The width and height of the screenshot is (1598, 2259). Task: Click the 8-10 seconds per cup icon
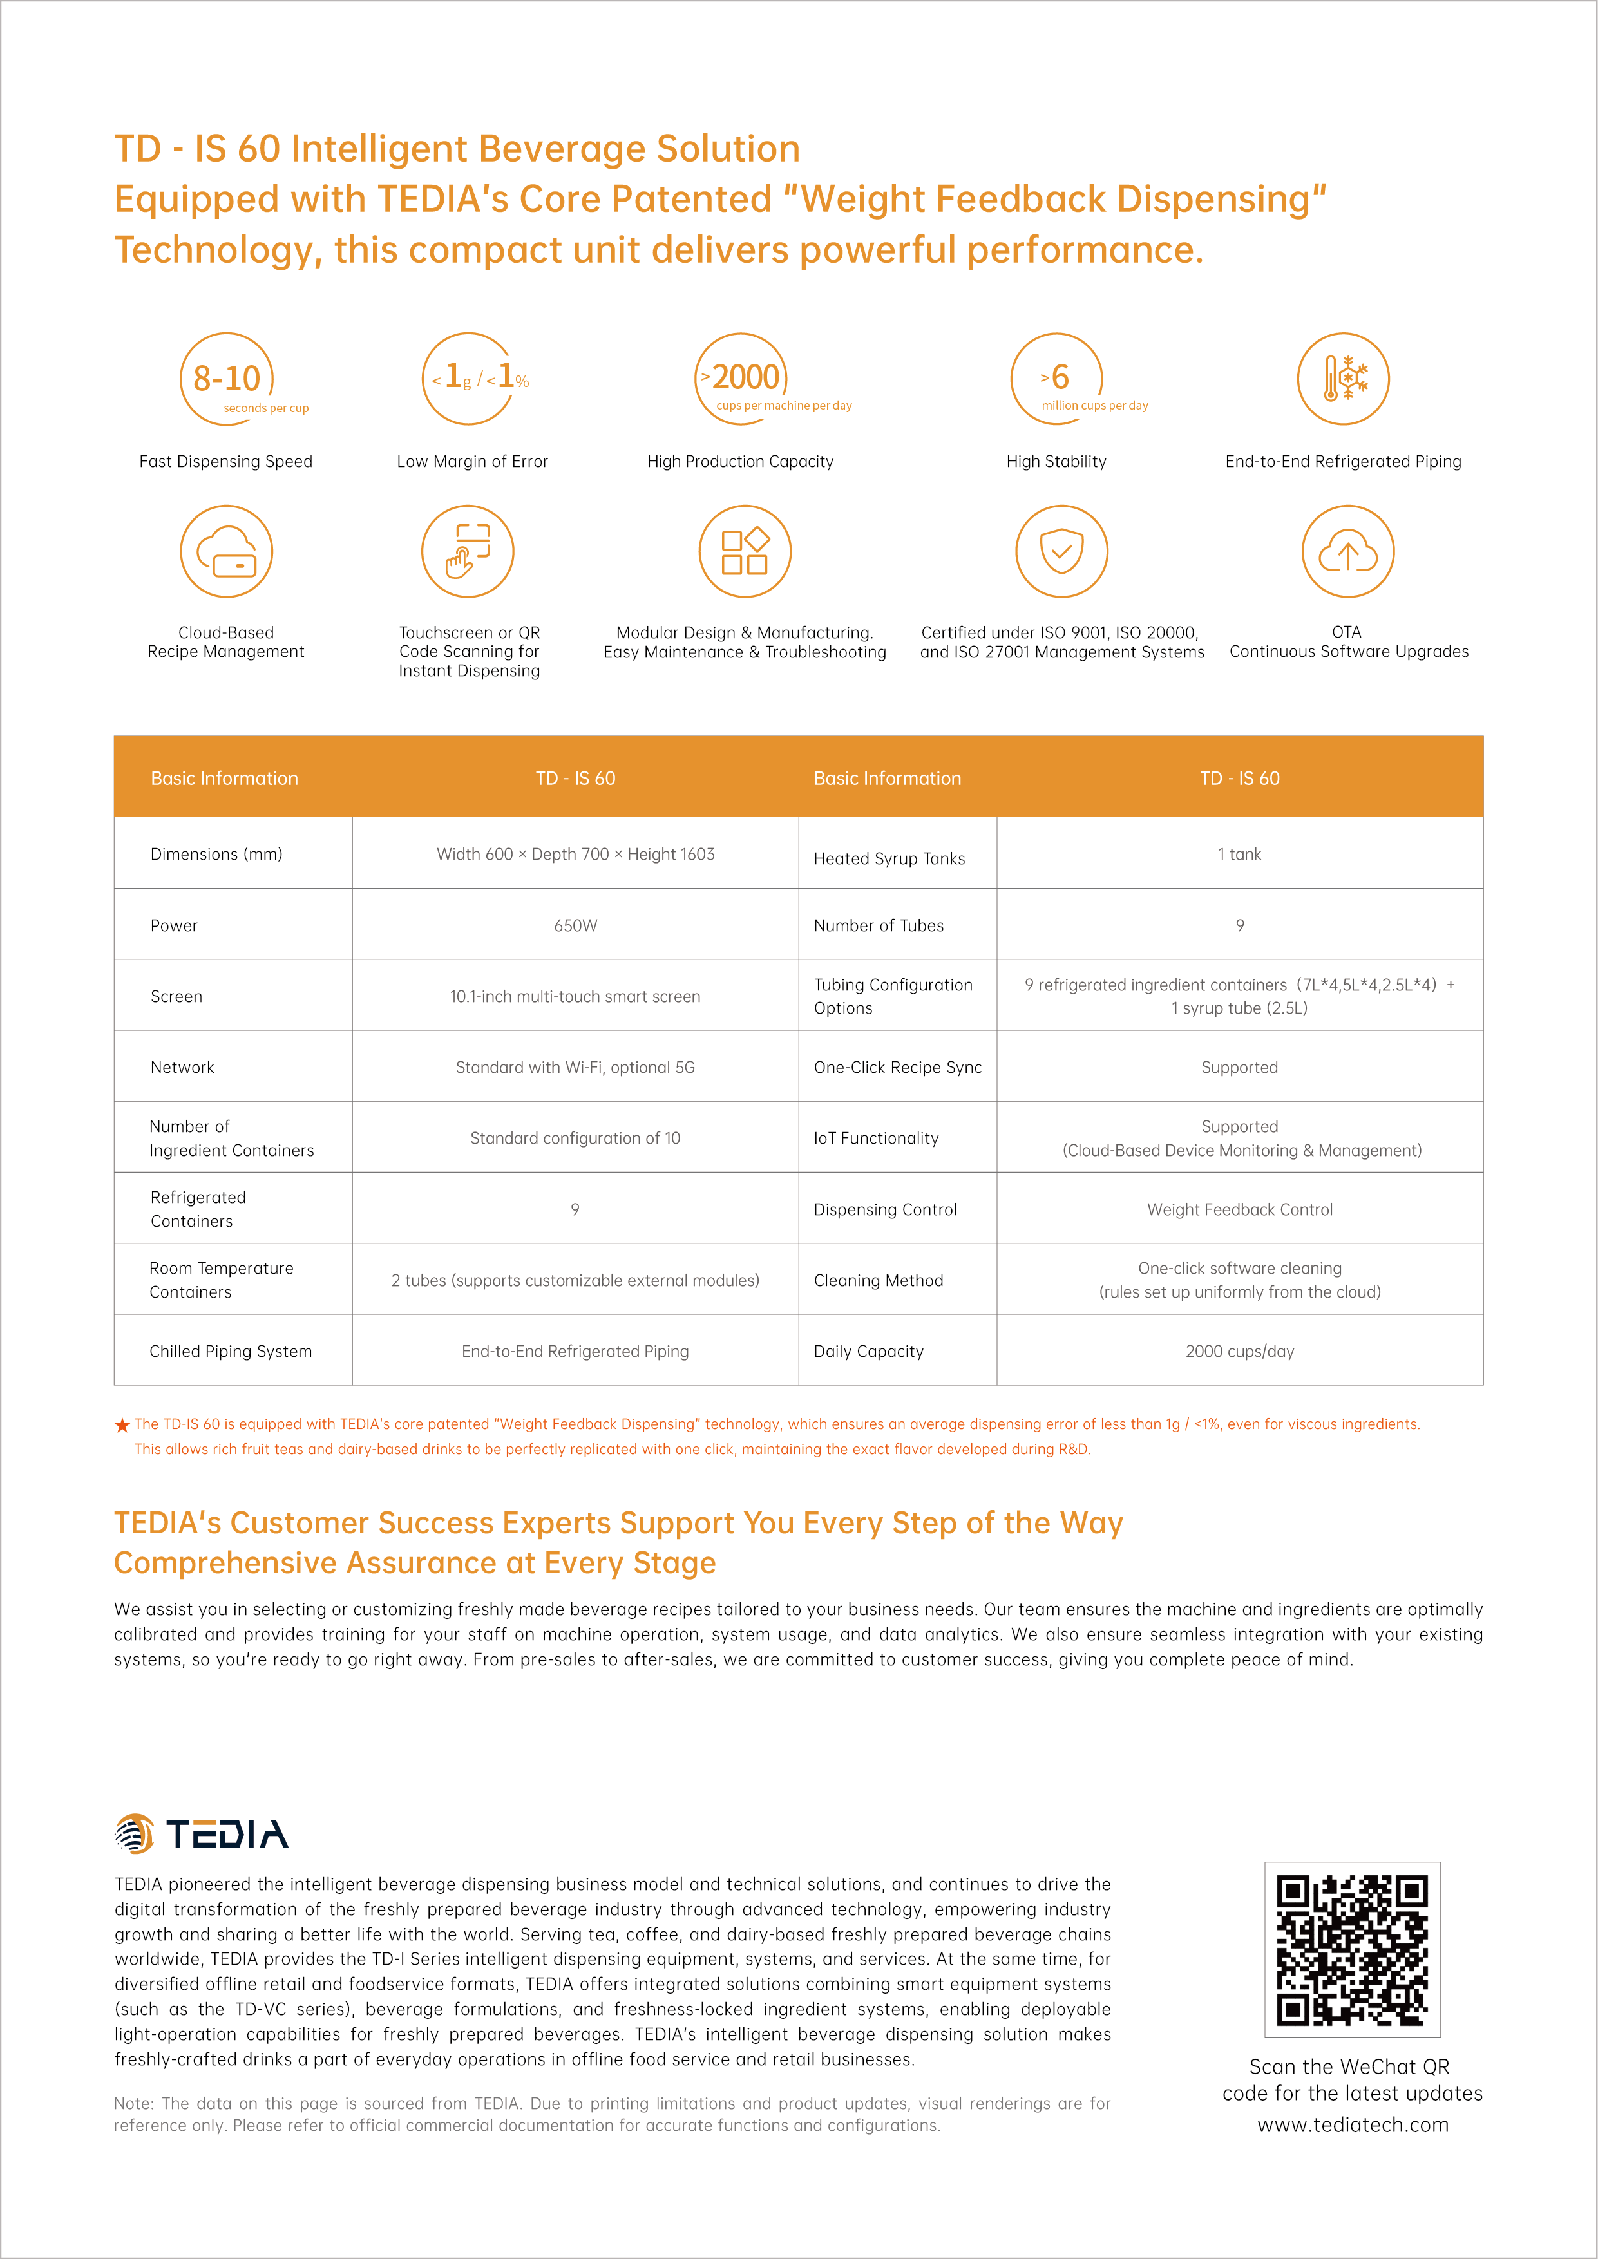226,379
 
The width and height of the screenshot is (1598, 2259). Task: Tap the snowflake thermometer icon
1342,379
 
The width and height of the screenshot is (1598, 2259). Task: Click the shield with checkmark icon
1061,551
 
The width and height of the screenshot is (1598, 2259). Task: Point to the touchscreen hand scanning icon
468,551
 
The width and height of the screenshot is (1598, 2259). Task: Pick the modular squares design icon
745,551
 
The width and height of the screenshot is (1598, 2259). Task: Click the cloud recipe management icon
226,551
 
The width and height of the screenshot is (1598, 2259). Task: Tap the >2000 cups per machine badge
743,379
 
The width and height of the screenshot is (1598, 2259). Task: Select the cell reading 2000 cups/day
1240,1352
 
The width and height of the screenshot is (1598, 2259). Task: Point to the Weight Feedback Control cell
1240,1210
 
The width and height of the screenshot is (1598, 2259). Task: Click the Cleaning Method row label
879,1281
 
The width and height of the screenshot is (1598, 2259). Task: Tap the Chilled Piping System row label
230,1352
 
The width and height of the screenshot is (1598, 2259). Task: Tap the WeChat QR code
1352,1949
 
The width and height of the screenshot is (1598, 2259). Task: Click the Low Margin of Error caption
472,462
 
